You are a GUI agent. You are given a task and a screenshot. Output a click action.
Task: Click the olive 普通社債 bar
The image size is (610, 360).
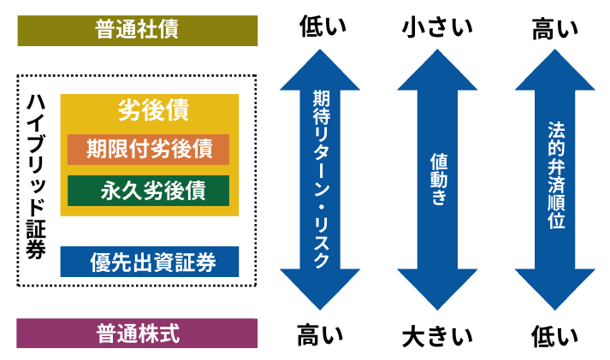[x=137, y=30]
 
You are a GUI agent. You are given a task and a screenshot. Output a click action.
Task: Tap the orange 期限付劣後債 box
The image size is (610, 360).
[x=149, y=149]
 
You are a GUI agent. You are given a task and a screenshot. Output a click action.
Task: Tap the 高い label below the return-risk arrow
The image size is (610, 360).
[x=320, y=334]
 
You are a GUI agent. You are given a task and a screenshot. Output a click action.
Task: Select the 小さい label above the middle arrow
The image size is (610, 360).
[x=437, y=28]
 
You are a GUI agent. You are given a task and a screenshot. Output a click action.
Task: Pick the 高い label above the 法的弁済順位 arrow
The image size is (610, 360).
[x=555, y=29]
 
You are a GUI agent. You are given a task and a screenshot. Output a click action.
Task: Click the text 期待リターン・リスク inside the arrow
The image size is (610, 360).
[x=320, y=180]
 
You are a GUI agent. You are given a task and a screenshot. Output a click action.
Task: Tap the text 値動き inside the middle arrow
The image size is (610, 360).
[x=438, y=179]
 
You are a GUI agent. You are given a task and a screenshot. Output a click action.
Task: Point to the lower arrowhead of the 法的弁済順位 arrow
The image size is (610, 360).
[x=555, y=291]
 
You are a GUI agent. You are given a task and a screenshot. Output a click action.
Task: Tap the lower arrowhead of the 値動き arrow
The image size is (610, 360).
[x=437, y=291]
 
